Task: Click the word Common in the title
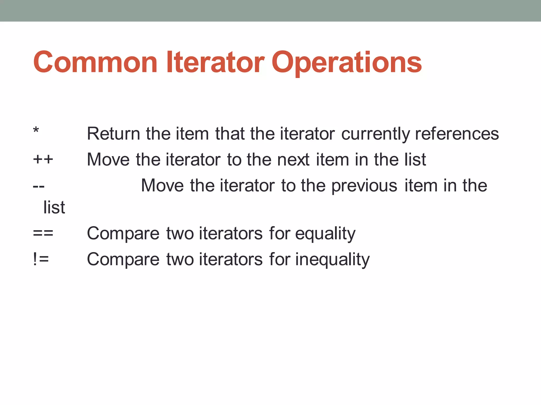click(95, 62)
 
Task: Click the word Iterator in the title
click(215, 62)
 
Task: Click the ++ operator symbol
click(43, 160)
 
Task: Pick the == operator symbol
click(43, 233)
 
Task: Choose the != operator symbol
click(41, 259)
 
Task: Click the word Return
click(113, 134)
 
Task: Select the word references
click(457, 134)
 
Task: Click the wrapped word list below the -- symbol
click(54, 208)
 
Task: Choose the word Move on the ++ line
click(108, 160)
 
